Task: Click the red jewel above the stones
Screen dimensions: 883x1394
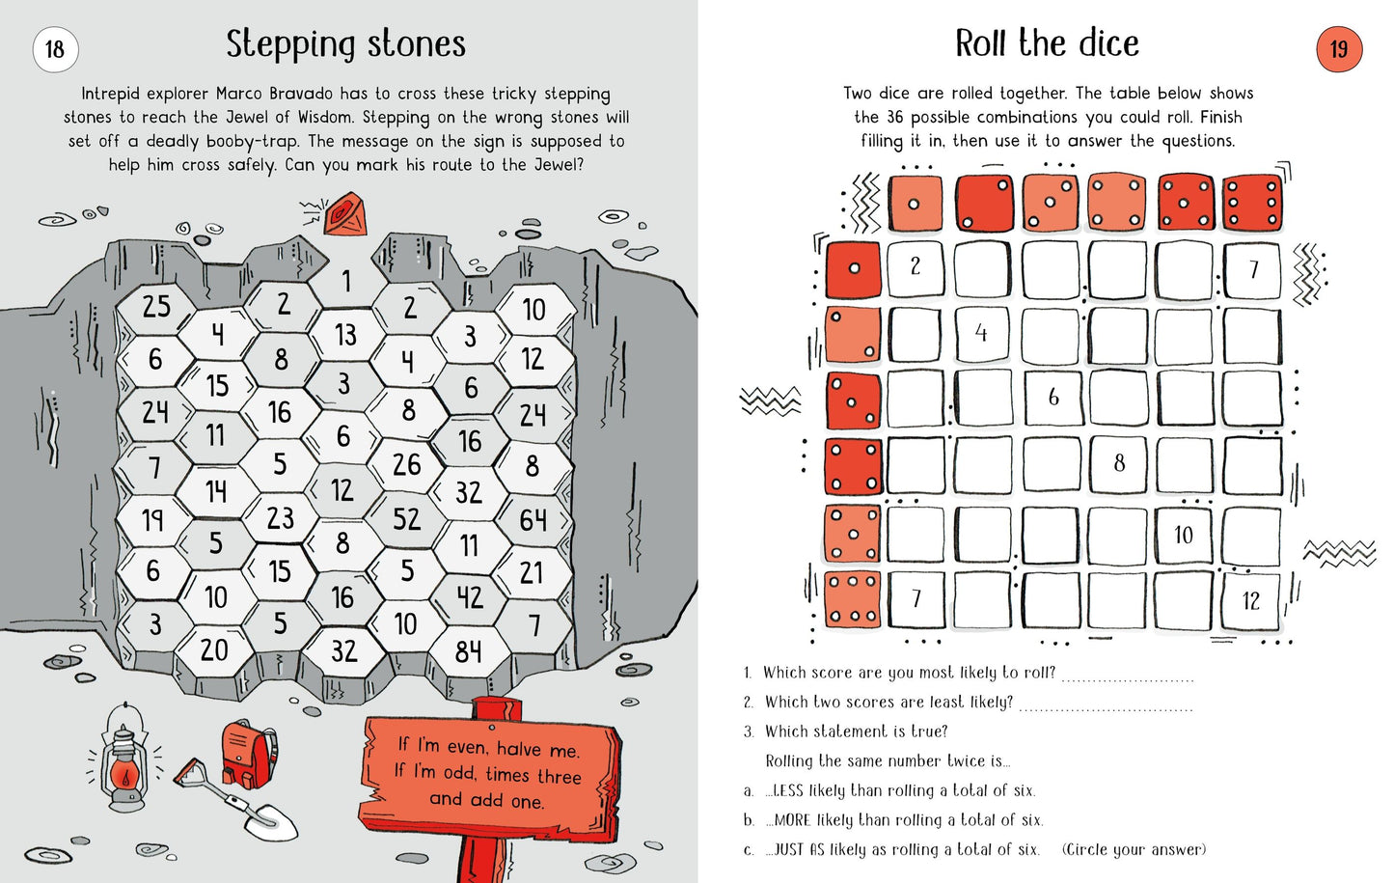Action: (x=346, y=214)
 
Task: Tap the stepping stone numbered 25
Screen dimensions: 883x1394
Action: (x=156, y=307)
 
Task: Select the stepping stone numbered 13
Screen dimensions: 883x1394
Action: (x=345, y=335)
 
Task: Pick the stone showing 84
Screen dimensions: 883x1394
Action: (x=468, y=652)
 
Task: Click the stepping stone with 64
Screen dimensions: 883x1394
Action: (x=533, y=520)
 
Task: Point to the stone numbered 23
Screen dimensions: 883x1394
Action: (x=280, y=518)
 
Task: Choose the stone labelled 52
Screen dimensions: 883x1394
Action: (x=406, y=519)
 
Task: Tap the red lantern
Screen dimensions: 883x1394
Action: (x=123, y=762)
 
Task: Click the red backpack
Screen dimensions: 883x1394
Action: (x=247, y=753)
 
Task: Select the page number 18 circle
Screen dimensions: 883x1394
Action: (x=55, y=49)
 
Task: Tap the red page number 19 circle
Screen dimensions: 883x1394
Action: (x=1339, y=49)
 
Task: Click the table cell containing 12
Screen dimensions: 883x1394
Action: (x=1251, y=600)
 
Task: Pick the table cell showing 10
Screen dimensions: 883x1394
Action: (x=1184, y=534)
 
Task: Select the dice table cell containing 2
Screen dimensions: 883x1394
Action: (x=916, y=266)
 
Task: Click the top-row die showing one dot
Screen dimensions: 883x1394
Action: (x=916, y=204)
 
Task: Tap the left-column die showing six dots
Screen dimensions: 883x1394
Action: (x=853, y=599)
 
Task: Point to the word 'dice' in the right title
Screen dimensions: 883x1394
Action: (x=1108, y=43)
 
